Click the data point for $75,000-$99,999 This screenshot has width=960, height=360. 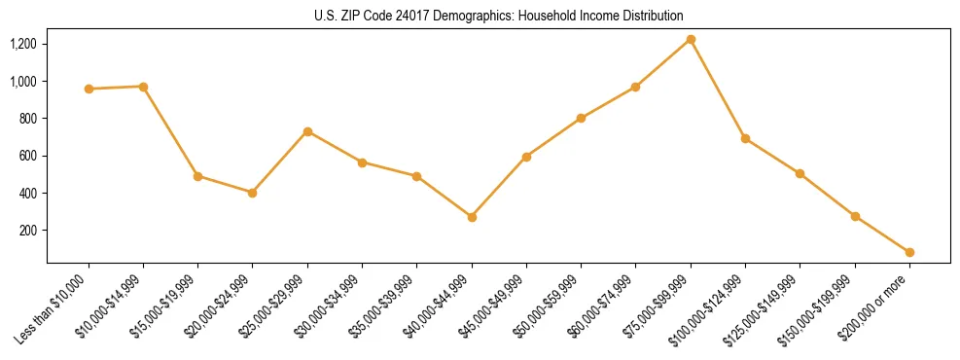click(691, 40)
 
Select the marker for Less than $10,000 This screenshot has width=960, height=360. click(89, 89)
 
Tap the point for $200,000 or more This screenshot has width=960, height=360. click(909, 252)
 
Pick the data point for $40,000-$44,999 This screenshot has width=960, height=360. click(472, 217)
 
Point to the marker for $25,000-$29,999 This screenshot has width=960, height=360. click(307, 131)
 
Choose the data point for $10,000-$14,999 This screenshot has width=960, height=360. click(143, 87)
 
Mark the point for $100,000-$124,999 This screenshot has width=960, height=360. click(745, 138)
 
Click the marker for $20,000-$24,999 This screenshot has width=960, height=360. click(253, 193)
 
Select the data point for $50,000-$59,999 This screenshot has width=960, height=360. click(581, 119)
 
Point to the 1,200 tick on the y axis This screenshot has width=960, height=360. click(22, 44)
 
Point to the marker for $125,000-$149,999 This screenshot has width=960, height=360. click(800, 173)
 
